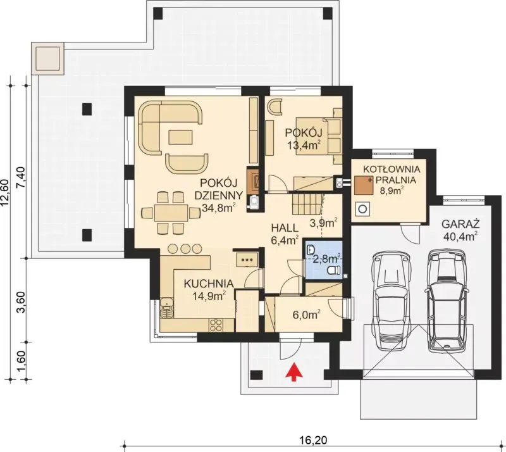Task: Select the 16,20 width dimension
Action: tap(313, 441)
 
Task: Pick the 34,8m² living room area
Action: tap(218, 208)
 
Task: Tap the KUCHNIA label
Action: tap(209, 284)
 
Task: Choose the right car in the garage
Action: tap(447, 301)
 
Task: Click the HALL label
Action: tap(285, 228)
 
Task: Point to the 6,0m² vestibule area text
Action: tap(307, 315)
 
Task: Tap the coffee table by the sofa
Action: tap(181, 137)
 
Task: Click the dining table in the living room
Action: tap(171, 213)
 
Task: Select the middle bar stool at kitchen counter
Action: tap(185, 248)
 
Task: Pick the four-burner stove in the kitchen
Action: tap(216, 325)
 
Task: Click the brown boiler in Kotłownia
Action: tap(363, 185)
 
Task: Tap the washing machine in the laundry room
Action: tap(362, 209)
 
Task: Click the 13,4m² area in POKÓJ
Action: tap(304, 145)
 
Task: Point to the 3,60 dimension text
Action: tap(20, 302)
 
